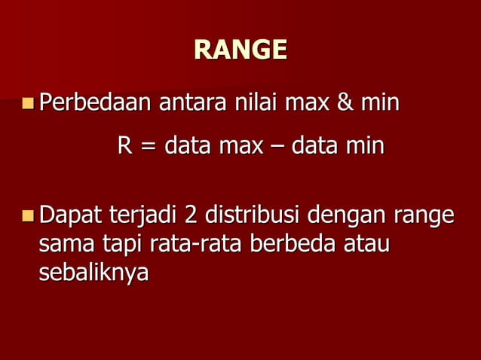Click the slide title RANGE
[x=240, y=50]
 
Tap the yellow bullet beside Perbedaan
[x=29, y=102]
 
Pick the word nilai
[x=253, y=101]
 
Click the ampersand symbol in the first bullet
[x=345, y=101]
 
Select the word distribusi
[x=253, y=216]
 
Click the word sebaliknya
[x=93, y=273]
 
